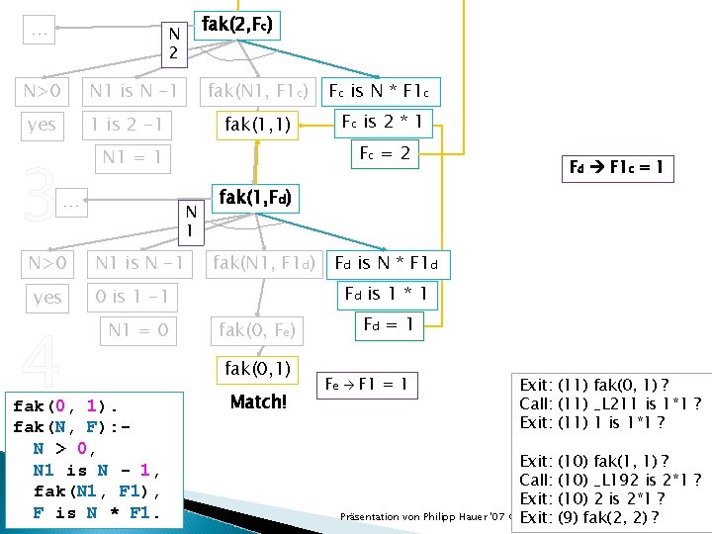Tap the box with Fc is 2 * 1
coord(382,123)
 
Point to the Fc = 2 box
coord(384,154)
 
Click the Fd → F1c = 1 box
coord(617,168)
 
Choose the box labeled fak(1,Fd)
coord(254,198)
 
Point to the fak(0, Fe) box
coord(256,329)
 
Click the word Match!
coord(257,402)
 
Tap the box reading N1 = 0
coord(137,329)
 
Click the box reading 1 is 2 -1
coord(126,125)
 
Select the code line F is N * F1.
coord(94,512)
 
